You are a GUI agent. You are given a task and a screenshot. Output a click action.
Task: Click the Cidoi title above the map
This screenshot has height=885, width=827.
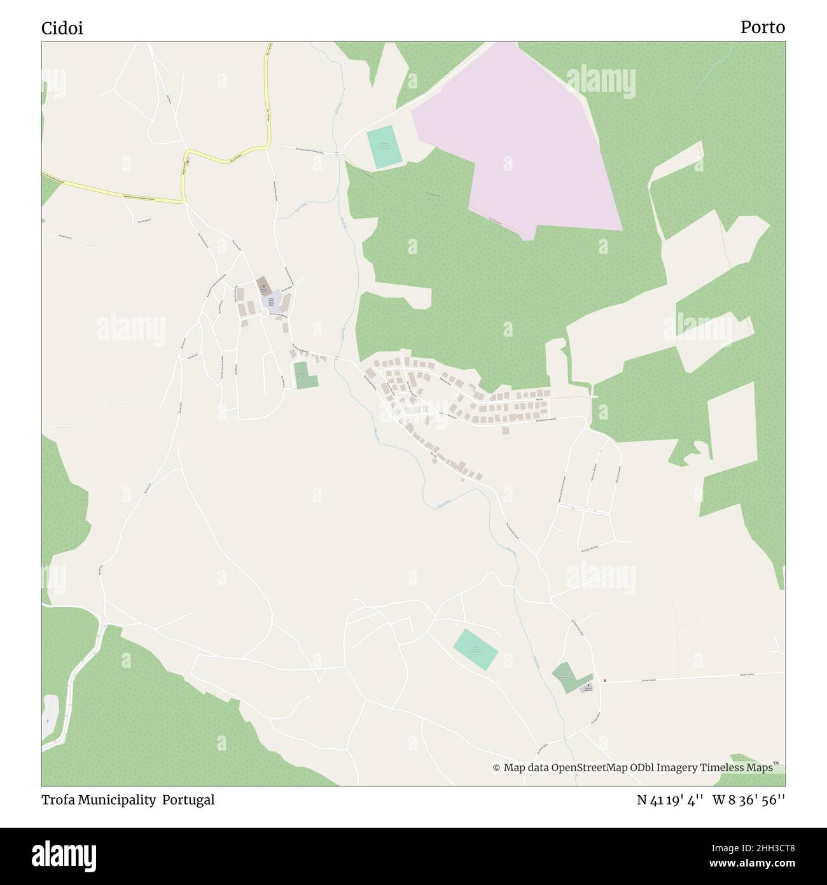pyautogui.click(x=62, y=29)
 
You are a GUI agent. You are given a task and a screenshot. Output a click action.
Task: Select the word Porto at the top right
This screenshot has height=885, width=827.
pyautogui.click(x=762, y=27)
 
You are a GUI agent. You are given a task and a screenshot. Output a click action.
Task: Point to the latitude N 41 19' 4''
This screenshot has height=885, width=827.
pyautogui.click(x=669, y=800)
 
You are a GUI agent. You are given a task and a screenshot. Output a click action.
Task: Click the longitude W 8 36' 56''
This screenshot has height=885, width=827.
pyautogui.click(x=749, y=800)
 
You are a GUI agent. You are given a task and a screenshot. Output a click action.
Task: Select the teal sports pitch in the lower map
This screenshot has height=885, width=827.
pyautogui.click(x=475, y=649)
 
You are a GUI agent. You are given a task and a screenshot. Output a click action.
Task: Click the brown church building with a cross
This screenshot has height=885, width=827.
pyautogui.click(x=263, y=285)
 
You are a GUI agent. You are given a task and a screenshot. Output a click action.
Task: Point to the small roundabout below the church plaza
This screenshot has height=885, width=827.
pyautogui.click(x=263, y=313)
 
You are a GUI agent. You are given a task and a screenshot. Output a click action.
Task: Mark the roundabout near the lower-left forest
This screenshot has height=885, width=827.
pyautogui.click(x=103, y=619)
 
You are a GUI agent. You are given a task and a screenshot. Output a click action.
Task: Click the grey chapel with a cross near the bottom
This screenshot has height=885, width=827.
pyautogui.click(x=588, y=688)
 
